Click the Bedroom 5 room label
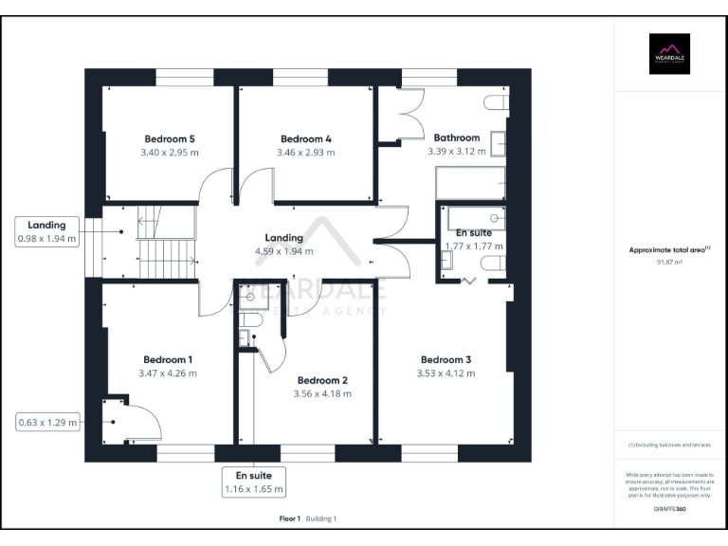tap(170, 137)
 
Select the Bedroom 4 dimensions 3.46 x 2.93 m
tap(305, 152)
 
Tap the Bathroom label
tap(456, 137)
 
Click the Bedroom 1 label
tap(168, 359)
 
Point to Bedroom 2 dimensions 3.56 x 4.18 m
tap(322, 392)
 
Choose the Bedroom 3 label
tap(446, 359)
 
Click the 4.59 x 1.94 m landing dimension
tap(283, 251)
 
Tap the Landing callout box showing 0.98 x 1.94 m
tap(46, 232)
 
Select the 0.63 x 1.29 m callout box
tap(46, 422)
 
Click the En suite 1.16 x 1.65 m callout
tap(253, 482)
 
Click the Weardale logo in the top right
tap(669, 53)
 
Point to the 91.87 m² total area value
tap(669, 262)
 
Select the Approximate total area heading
tap(669, 250)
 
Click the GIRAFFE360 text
tap(669, 510)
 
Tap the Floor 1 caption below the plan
tap(289, 519)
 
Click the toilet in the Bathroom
tap(495, 102)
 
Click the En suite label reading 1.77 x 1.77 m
tap(474, 239)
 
